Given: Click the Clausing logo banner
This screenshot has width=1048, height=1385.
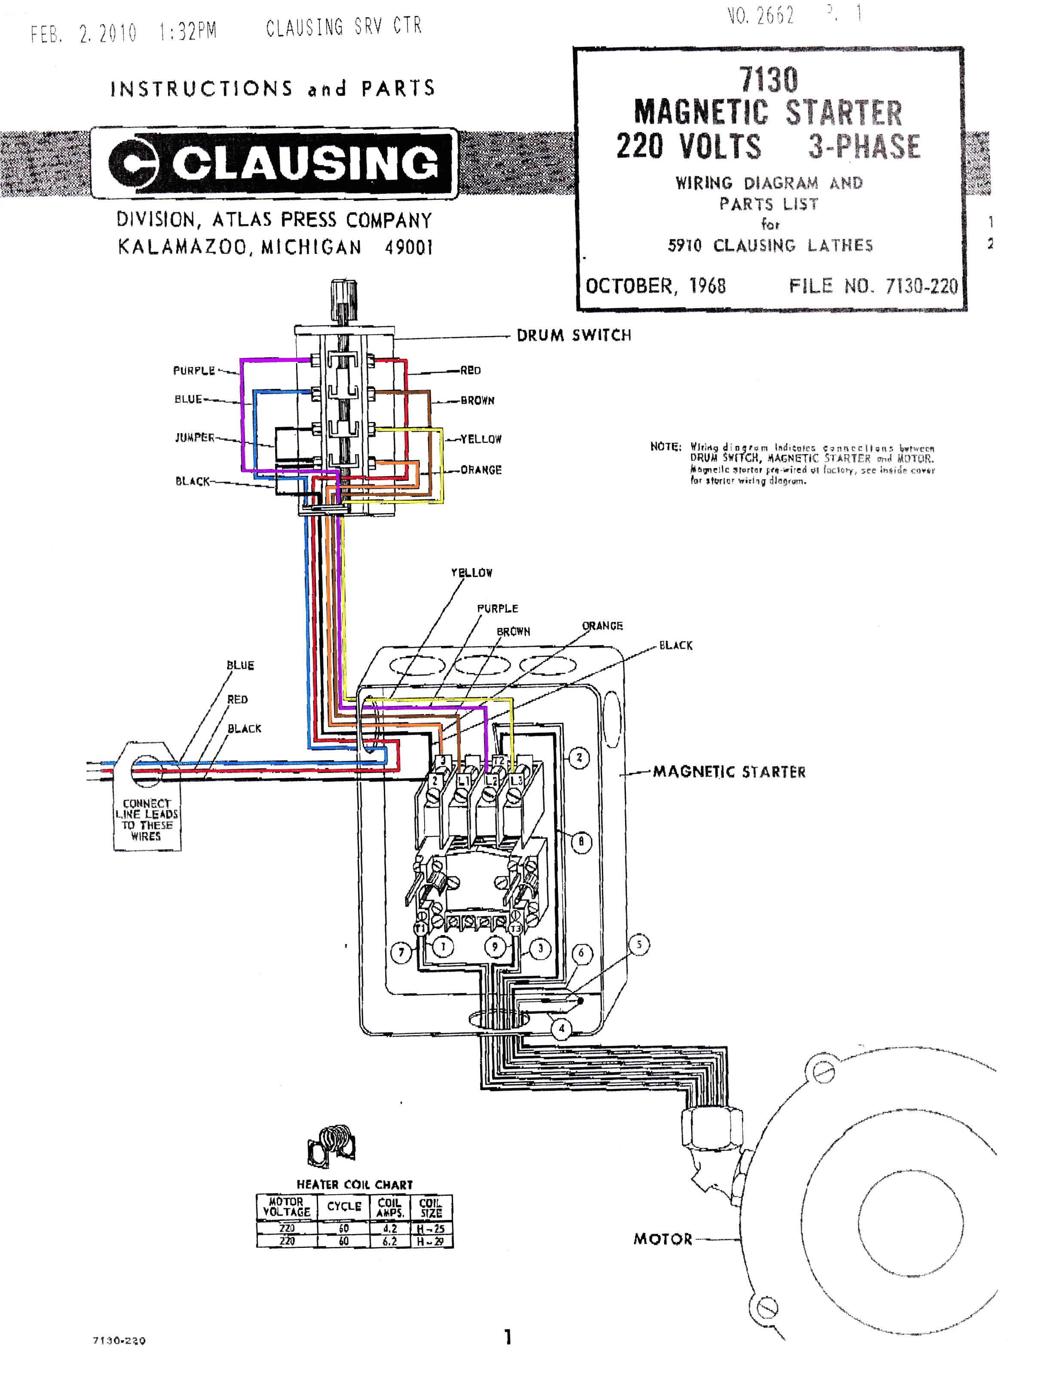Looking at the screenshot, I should coord(274,163).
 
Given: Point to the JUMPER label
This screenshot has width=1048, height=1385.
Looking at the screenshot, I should coord(194,437).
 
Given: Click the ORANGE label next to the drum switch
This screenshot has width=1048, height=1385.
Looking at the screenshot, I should coord(481,470).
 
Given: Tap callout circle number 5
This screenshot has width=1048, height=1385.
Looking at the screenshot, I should coord(639,944).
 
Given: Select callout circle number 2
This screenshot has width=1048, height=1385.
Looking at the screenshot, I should coord(579,758).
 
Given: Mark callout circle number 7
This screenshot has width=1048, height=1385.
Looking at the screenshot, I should coord(401,953).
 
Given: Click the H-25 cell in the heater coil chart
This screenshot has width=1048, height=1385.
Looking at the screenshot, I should coord(431,1229).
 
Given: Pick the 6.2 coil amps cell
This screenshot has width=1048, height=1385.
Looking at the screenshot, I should coord(389,1241).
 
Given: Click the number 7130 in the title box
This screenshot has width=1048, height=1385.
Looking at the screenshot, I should coord(768,80).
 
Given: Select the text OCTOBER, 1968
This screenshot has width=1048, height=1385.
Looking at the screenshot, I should coord(655,286).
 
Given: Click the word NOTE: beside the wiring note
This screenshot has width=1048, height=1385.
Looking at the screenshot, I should coord(665,446).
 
